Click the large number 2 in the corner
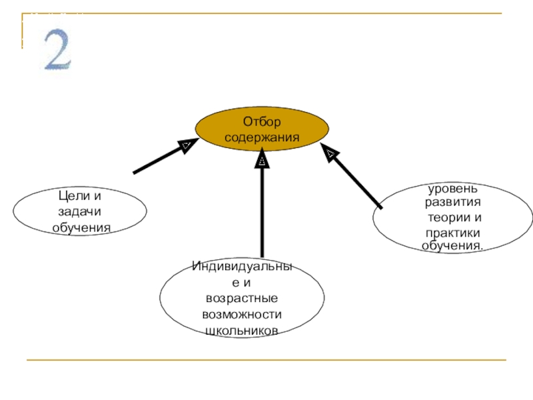(x=57, y=51)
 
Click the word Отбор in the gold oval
(x=262, y=122)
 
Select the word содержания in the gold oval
(x=262, y=137)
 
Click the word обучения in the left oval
(x=81, y=228)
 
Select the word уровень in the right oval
(x=452, y=191)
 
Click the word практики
(x=453, y=233)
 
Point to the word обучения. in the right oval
(x=453, y=245)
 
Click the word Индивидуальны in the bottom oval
(x=242, y=267)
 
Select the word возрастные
(x=242, y=298)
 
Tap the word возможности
(x=242, y=314)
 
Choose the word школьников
(x=242, y=331)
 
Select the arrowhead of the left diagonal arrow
(x=188, y=145)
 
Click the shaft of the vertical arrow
(x=263, y=213)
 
